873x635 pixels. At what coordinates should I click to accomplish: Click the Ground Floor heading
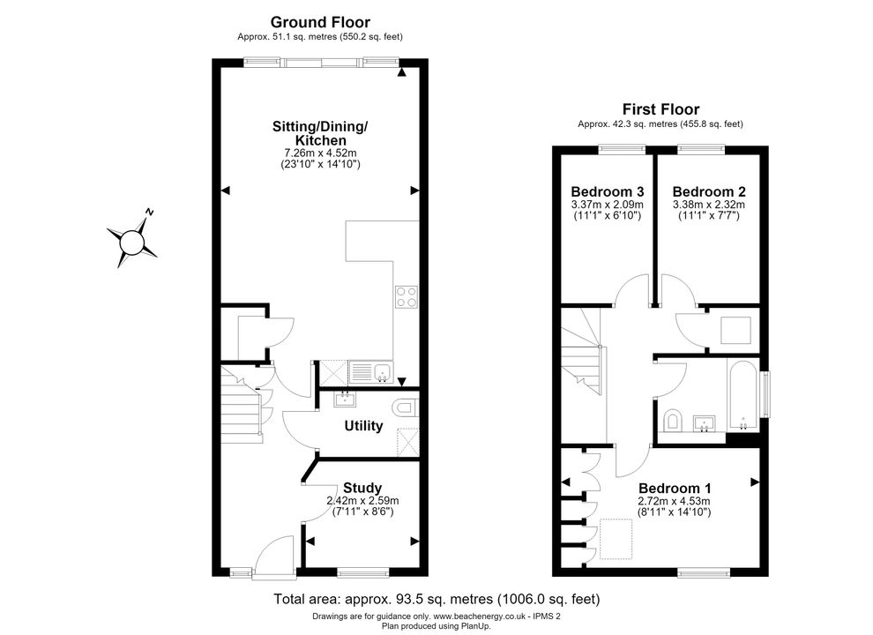320,22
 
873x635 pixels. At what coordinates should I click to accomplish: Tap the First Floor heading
660,109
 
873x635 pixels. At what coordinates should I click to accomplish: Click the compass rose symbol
132,239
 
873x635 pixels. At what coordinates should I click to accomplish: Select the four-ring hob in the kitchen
407,296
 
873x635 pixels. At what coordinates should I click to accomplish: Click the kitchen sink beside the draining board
383,371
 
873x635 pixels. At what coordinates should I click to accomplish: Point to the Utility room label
363,426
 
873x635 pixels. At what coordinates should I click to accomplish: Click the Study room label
362,488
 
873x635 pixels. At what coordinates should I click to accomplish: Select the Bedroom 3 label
608,191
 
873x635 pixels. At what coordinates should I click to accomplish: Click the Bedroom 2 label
709,191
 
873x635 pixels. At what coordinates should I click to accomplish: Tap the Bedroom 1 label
675,489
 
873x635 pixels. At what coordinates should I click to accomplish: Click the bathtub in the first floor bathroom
742,395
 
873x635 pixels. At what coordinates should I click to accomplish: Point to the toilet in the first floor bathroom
673,420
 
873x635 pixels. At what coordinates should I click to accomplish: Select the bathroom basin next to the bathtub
705,423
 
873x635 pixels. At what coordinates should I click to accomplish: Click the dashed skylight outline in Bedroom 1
616,539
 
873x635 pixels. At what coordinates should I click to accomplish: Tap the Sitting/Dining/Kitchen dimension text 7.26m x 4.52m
320,153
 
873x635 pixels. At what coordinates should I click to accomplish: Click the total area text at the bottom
436,600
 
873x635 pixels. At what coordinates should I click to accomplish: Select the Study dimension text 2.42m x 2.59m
362,501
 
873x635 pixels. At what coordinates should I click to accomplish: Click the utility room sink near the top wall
345,399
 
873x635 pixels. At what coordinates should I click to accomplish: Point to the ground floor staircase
242,403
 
